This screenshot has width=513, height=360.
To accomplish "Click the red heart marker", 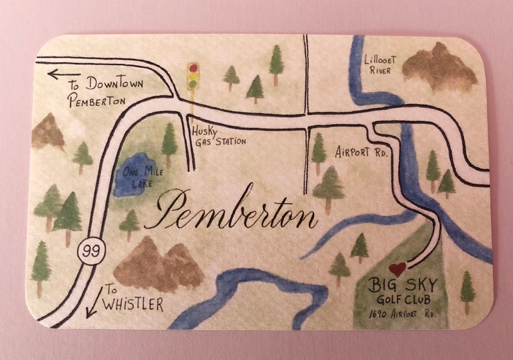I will point(397,269).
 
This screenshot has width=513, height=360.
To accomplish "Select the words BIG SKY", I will point(403,285).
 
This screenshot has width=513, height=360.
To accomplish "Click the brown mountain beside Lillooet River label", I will point(439,67).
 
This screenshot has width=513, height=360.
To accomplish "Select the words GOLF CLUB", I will point(402,300).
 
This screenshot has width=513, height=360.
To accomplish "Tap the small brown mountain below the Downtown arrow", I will point(48,132).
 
